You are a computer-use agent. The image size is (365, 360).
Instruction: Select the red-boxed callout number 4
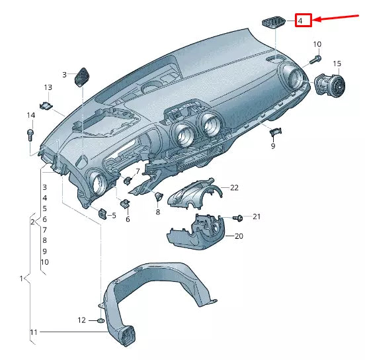(x=303, y=21)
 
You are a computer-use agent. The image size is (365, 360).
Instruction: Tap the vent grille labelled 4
(x=274, y=22)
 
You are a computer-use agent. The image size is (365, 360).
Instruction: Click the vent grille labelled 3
(x=82, y=77)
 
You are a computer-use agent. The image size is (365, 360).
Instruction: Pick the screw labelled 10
(x=315, y=60)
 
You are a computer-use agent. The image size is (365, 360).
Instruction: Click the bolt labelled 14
(x=30, y=136)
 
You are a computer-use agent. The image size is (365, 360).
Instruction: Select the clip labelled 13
(x=46, y=106)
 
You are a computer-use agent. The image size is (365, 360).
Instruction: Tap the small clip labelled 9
(x=275, y=132)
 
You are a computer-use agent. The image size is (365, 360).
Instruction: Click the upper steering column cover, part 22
(x=194, y=193)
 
